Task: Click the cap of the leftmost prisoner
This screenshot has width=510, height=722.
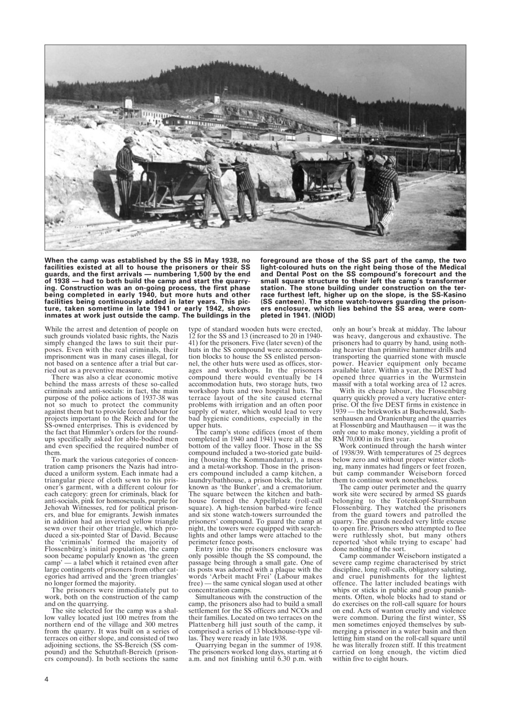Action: coord(129,139)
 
